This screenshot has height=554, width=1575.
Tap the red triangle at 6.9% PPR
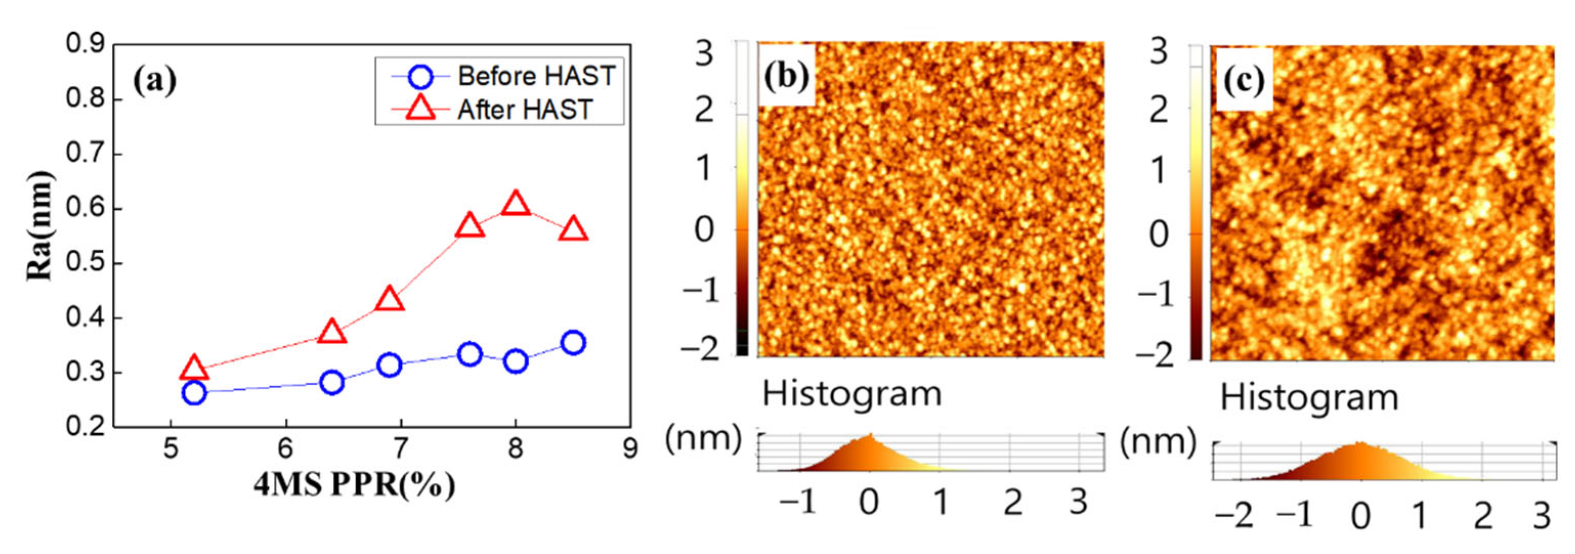pyautogui.click(x=390, y=299)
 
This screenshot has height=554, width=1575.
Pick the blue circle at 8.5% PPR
pyautogui.click(x=573, y=343)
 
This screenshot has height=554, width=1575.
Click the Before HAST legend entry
pyautogui.click(x=535, y=76)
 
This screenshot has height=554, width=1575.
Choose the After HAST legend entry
pyautogui.click(x=525, y=110)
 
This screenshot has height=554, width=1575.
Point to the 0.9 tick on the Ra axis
pyautogui.click(x=85, y=45)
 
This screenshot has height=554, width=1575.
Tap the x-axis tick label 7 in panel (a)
pyautogui.click(x=400, y=450)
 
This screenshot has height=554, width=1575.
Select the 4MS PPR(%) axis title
pyautogui.click(x=355, y=485)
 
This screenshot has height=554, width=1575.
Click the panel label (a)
pyautogui.click(x=155, y=81)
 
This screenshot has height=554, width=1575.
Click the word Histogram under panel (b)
pyautogui.click(x=851, y=394)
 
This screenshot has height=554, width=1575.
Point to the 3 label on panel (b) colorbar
pyautogui.click(x=704, y=54)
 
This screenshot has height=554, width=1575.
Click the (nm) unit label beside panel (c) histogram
pyautogui.click(x=1157, y=441)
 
